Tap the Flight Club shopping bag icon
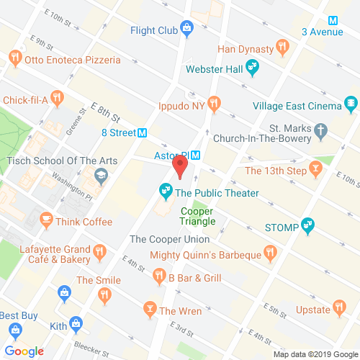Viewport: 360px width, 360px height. (186, 30)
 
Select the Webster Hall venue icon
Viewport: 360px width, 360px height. (252, 69)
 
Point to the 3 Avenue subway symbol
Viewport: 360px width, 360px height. (333, 20)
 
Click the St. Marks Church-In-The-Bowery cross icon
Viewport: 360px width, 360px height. (322, 132)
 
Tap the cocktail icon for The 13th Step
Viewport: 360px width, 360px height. (315, 170)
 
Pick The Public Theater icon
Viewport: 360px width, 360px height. (166, 192)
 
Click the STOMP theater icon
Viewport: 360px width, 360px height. (308, 226)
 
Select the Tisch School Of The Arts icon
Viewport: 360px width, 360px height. (101, 174)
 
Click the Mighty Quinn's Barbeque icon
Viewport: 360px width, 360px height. (271, 253)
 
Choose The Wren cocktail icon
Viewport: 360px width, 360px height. (149, 310)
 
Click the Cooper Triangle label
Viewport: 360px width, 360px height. (197, 217)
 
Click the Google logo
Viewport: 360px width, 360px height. (27, 351)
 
